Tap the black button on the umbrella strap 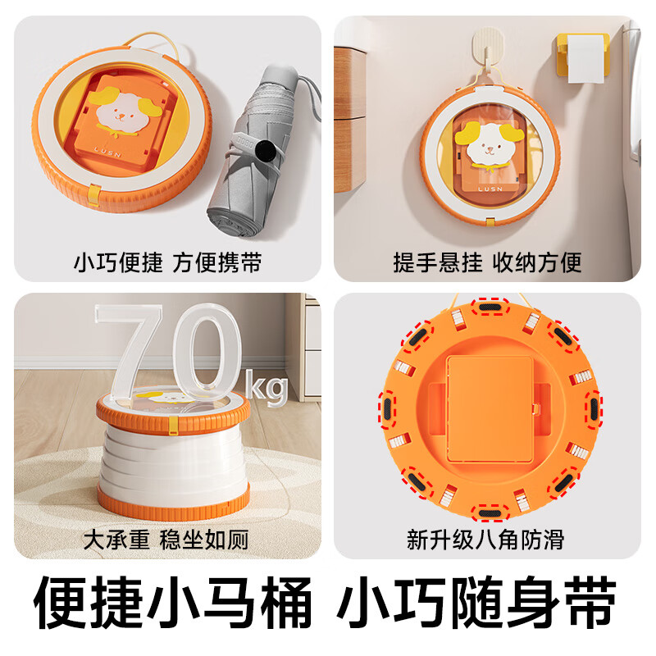point(266,151)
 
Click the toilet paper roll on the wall point(585,58)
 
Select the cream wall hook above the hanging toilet point(488,45)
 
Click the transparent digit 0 point(207,353)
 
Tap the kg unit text point(266,388)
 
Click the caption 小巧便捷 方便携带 point(168,262)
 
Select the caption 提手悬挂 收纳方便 point(487,262)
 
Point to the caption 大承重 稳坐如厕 point(166,540)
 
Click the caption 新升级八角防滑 point(485,540)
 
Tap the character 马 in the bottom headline point(230,602)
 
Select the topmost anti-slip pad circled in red point(490,307)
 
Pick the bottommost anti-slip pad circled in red point(490,513)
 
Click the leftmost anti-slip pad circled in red point(387,409)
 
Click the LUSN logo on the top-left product point(107,152)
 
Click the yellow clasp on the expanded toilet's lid point(173,425)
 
